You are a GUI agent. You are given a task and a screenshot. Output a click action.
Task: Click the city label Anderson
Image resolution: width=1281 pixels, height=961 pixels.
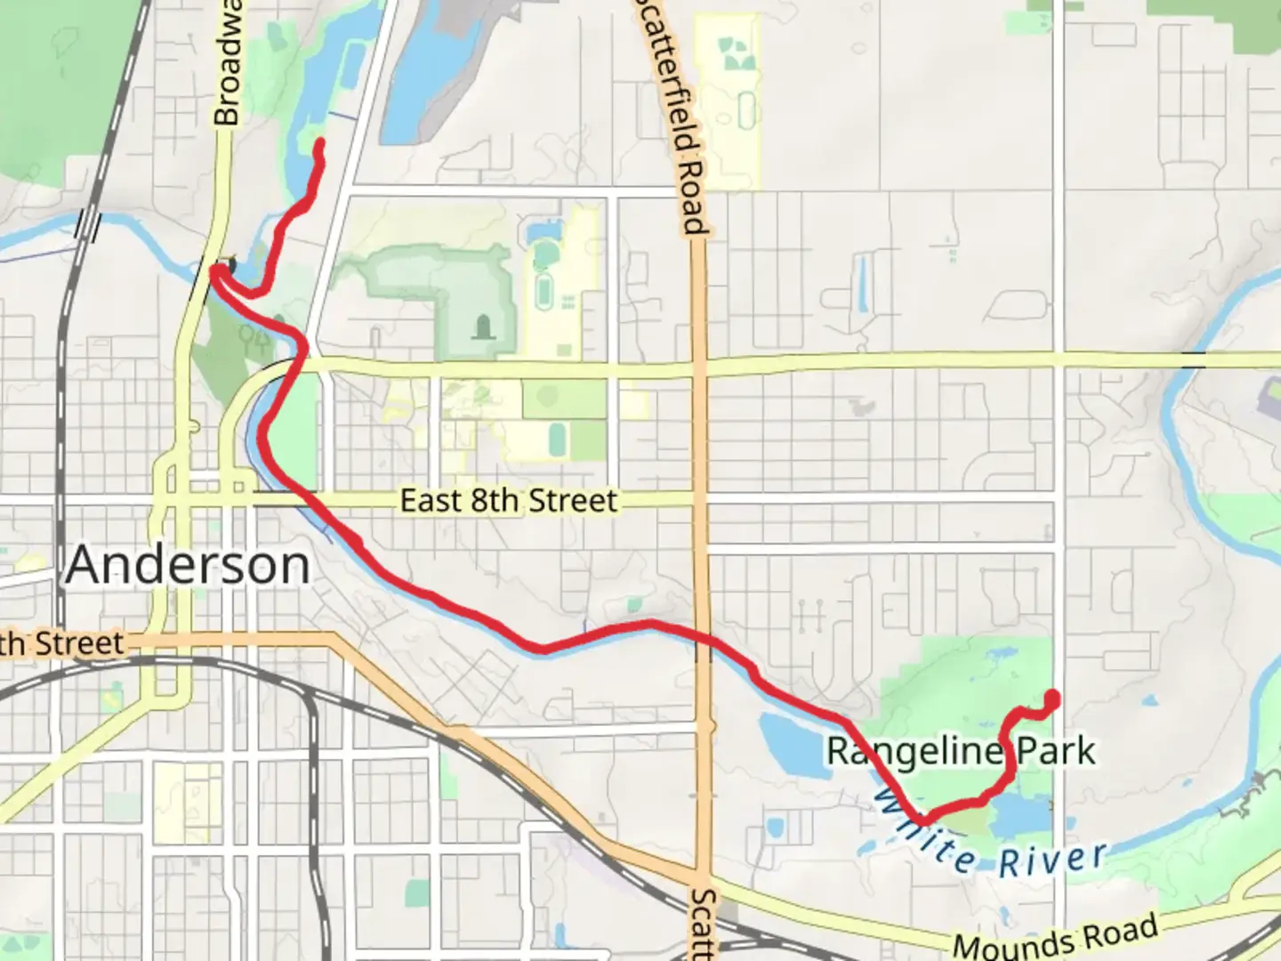(x=188, y=565)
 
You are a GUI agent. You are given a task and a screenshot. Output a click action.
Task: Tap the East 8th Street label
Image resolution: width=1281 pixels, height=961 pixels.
(x=508, y=500)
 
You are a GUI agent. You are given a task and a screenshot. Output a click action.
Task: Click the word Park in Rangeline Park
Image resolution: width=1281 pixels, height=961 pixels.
(x=1056, y=752)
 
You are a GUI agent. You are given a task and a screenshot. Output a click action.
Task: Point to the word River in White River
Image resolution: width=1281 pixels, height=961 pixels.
(x=1053, y=860)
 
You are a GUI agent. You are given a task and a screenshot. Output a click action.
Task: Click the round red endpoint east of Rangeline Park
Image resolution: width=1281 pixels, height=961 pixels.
(x=1052, y=698)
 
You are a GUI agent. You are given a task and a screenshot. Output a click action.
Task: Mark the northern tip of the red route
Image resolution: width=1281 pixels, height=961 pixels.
(x=318, y=142)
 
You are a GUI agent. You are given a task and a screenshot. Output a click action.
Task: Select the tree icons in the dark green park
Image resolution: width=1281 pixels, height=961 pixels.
(x=255, y=337)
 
